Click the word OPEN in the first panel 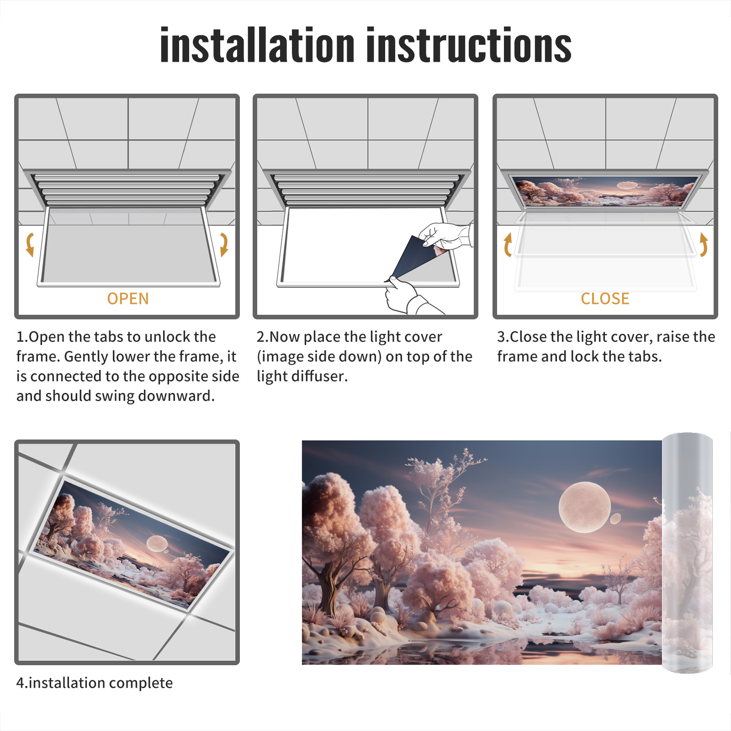click(128, 299)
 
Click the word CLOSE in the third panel click(605, 299)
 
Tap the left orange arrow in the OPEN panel click(30, 244)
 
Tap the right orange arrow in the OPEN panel click(224, 244)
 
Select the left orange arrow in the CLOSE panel click(507, 244)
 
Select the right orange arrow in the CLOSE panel click(704, 244)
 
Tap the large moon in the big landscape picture click(584, 507)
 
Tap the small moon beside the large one click(615, 519)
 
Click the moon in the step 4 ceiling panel click(157, 543)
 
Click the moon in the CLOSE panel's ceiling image click(627, 185)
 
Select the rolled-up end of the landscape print click(687, 553)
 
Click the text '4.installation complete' click(95, 683)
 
